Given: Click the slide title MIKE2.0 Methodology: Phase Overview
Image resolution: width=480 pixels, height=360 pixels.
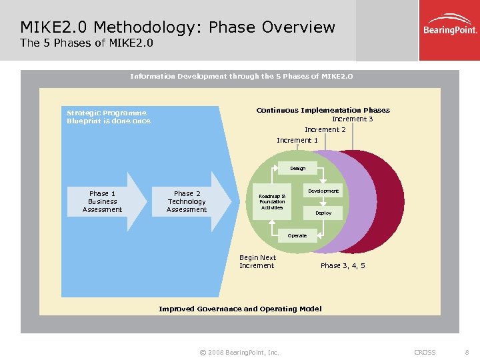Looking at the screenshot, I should tap(177, 27).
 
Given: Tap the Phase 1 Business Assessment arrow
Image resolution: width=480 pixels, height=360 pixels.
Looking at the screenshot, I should tap(106, 201).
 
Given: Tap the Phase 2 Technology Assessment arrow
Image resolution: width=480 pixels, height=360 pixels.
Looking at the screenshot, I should tap(190, 201).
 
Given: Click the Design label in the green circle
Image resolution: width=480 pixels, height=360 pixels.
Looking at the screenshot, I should tap(297, 168).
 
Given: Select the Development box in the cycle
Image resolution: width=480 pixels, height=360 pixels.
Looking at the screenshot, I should tap(323, 191).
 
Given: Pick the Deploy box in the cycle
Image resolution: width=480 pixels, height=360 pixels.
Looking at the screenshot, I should tap(323, 213).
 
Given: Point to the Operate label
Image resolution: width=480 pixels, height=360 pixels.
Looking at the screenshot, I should tap(297, 235).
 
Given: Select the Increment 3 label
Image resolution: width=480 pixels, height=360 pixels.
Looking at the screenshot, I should tap(352, 119).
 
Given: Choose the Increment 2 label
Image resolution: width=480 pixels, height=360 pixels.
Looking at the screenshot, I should tap(325, 129).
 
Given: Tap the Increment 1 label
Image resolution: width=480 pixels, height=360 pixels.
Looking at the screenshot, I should tap(297, 140).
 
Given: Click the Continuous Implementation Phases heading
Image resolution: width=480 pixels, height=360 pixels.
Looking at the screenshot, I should tap(323, 110).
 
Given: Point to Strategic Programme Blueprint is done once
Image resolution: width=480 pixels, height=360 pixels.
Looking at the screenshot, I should tap(109, 117).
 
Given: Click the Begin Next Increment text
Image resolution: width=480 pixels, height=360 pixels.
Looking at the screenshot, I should tap(257, 261).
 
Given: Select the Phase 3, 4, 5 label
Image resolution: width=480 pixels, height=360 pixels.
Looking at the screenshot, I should tap(343, 265).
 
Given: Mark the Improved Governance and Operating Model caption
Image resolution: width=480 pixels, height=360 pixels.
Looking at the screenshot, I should tap(240, 309).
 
